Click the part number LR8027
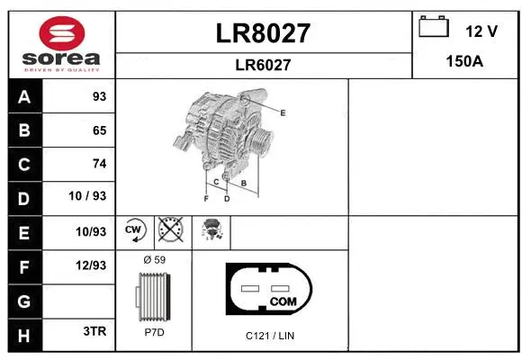[x=264, y=33]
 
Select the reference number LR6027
[x=264, y=64]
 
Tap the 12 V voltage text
[x=481, y=31]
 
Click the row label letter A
[x=23, y=96]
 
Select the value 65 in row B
[x=99, y=130]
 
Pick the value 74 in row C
[x=99, y=164]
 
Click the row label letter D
[x=23, y=197]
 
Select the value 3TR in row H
[x=94, y=331]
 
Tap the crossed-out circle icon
[x=170, y=229]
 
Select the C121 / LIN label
[x=270, y=336]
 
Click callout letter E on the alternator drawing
[x=282, y=112]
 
